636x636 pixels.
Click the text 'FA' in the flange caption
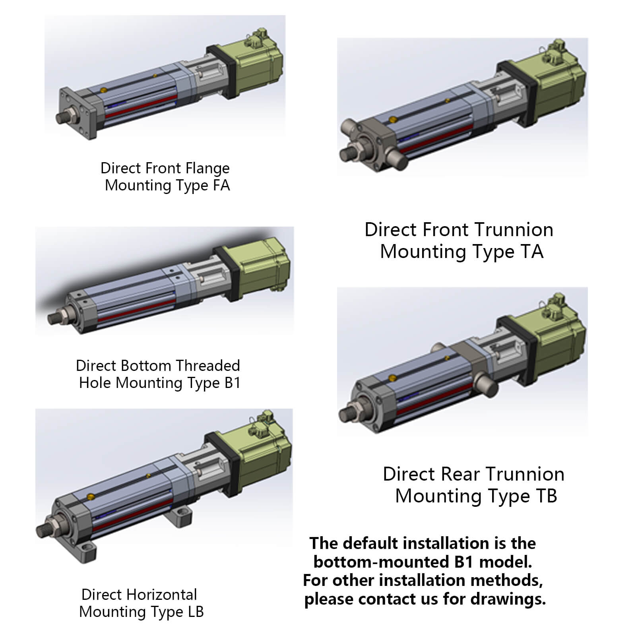coord(221,185)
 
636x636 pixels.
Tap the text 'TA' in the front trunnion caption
coord(531,251)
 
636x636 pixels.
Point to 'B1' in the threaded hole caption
coord(233,382)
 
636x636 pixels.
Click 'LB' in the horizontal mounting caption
coord(196,611)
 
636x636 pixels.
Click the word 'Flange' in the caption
coord(209,168)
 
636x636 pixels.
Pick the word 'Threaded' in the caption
coord(208,365)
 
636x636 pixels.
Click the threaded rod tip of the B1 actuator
coord(53,319)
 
